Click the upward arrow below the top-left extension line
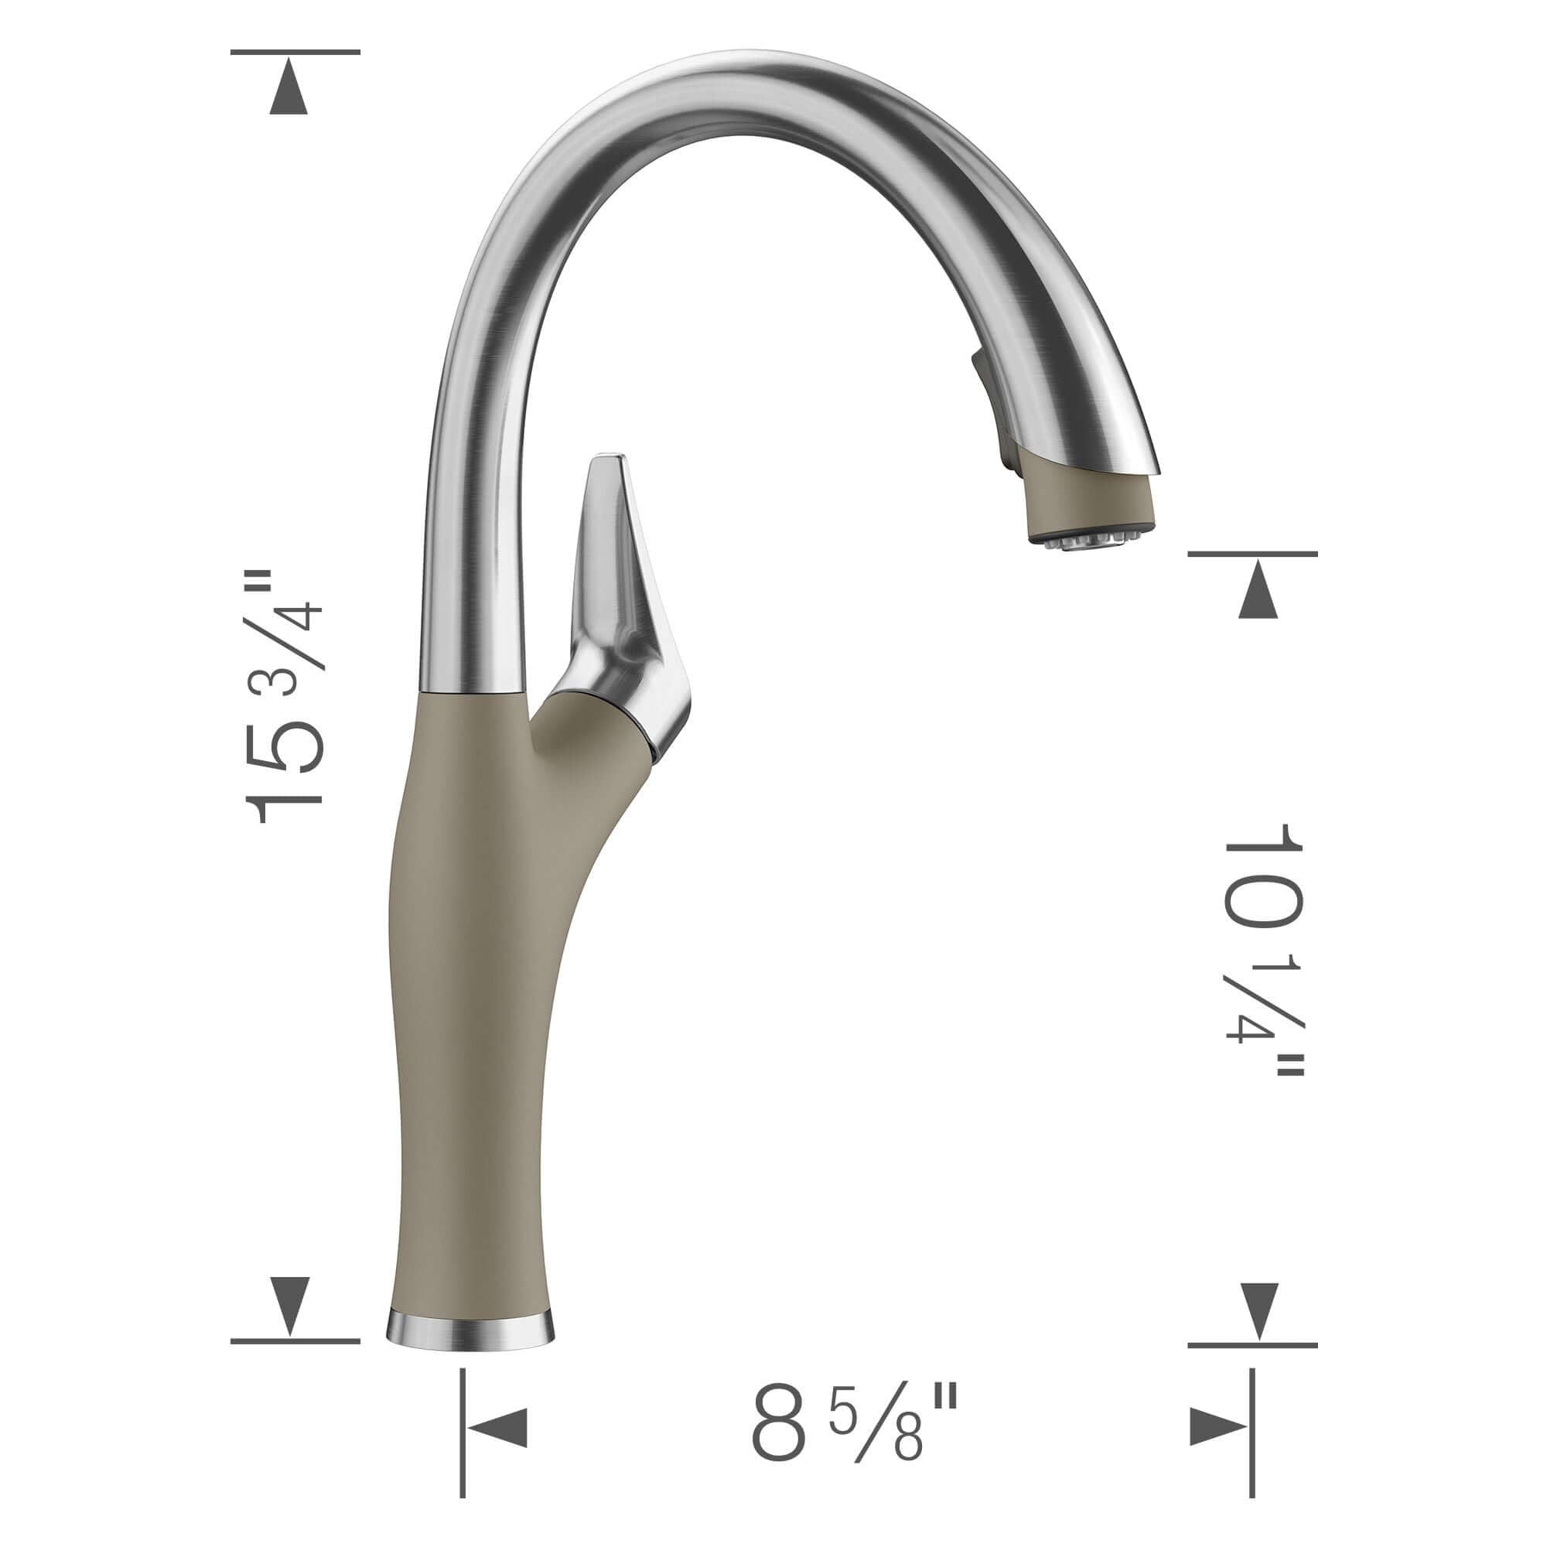(289, 95)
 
